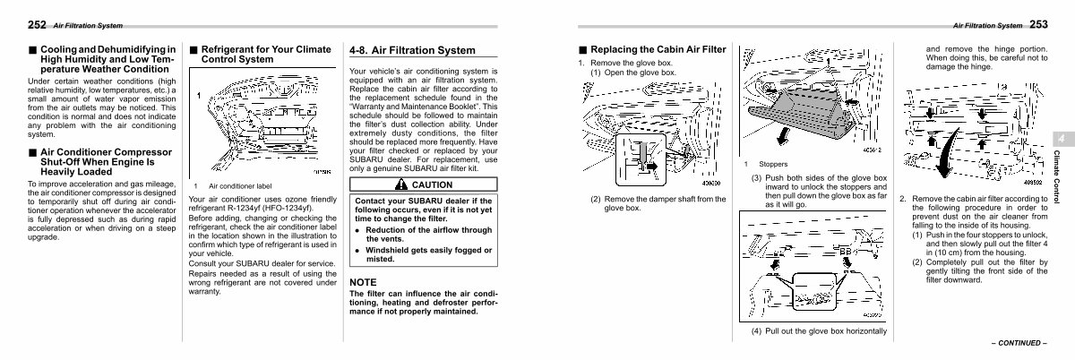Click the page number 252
(x=13, y=25)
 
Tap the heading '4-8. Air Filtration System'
(x=412, y=50)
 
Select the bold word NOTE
(x=365, y=282)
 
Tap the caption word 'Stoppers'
(x=773, y=164)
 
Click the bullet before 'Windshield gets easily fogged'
(x=357, y=250)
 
